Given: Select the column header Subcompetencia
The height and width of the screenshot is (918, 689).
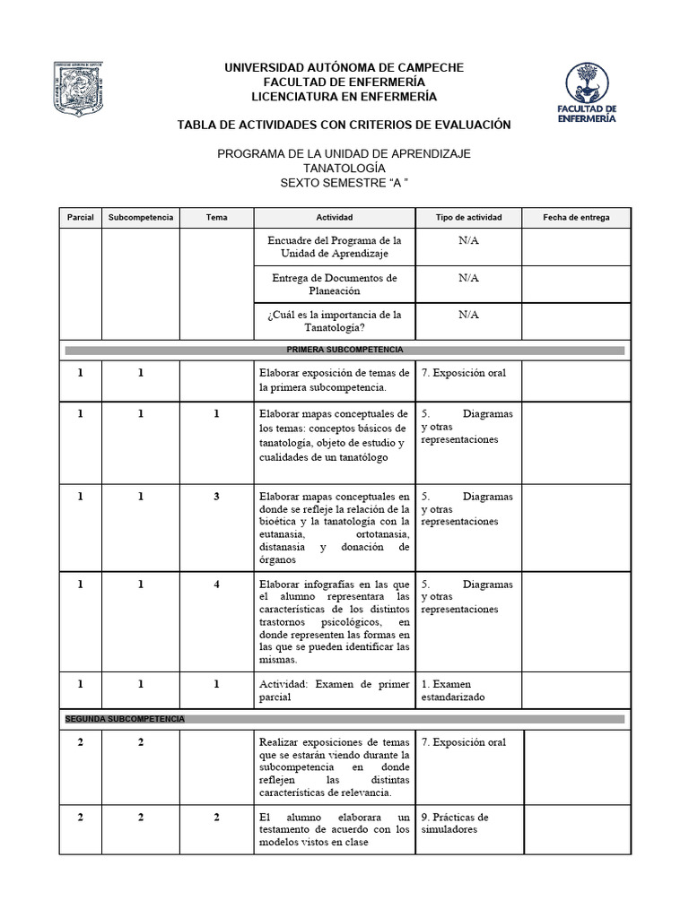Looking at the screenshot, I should pos(140,218).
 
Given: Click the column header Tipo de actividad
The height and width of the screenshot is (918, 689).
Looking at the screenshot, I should pos(468,218).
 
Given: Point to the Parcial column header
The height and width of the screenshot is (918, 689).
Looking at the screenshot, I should pos(80,218).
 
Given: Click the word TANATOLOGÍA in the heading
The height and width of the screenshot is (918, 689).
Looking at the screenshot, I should pos(344,169).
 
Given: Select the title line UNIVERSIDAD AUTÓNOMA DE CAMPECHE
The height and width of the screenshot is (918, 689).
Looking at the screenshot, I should pos(344,68).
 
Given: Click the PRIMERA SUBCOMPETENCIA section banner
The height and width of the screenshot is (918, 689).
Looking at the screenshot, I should pos(344,348).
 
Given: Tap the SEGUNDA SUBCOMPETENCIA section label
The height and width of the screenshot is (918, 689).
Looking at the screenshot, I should pos(125,719).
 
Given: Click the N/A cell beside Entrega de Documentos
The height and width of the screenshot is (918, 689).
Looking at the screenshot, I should pos(468,278).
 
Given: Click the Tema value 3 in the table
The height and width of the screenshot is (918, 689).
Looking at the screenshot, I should pos(216,496).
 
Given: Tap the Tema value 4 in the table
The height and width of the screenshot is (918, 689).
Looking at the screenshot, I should pos(216,585).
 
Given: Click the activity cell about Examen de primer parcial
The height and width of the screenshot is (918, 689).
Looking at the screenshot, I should pos(334,690).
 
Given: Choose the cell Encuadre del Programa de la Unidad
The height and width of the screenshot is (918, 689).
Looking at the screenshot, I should pos(334,247).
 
